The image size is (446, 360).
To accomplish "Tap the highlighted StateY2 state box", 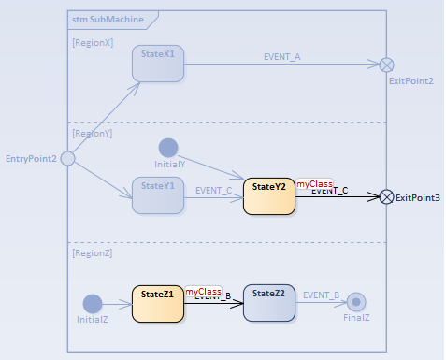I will tap(269, 196).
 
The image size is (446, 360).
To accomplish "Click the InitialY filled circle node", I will tap(168, 148).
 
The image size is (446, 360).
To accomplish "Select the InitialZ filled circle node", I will tap(93, 304).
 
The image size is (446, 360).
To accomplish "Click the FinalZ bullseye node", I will tap(355, 302).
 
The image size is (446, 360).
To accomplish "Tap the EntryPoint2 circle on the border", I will tap(67, 159).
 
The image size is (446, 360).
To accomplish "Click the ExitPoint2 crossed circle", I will tap(386, 65).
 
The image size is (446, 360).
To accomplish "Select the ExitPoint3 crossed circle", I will tap(386, 196).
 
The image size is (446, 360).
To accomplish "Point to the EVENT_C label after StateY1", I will tap(214, 189).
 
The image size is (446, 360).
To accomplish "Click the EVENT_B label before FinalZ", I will tap(322, 295).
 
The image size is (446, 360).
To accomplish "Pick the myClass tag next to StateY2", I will tap(315, 185).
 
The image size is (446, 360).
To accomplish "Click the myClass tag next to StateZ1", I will tap(203, 292).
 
